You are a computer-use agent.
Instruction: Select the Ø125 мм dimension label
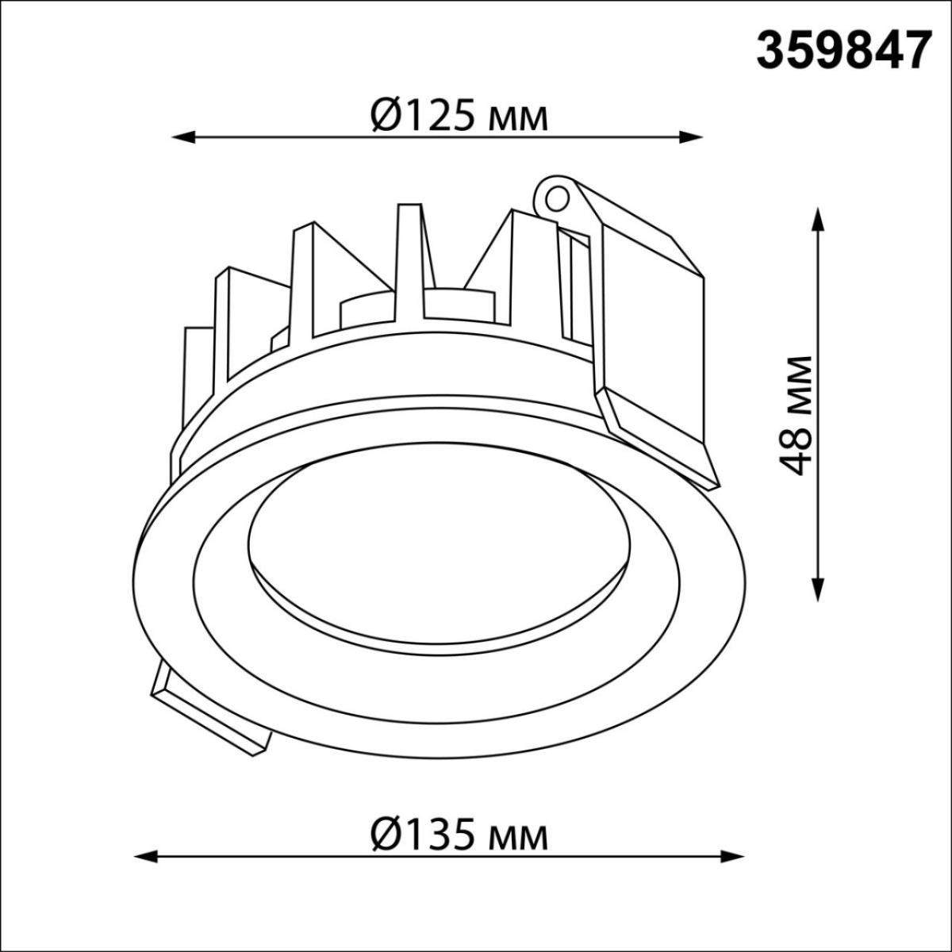(x=459, y=117)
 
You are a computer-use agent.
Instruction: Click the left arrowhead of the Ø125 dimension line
(x=182, y=136)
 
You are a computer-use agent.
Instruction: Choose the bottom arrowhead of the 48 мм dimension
(x=818, y=589)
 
